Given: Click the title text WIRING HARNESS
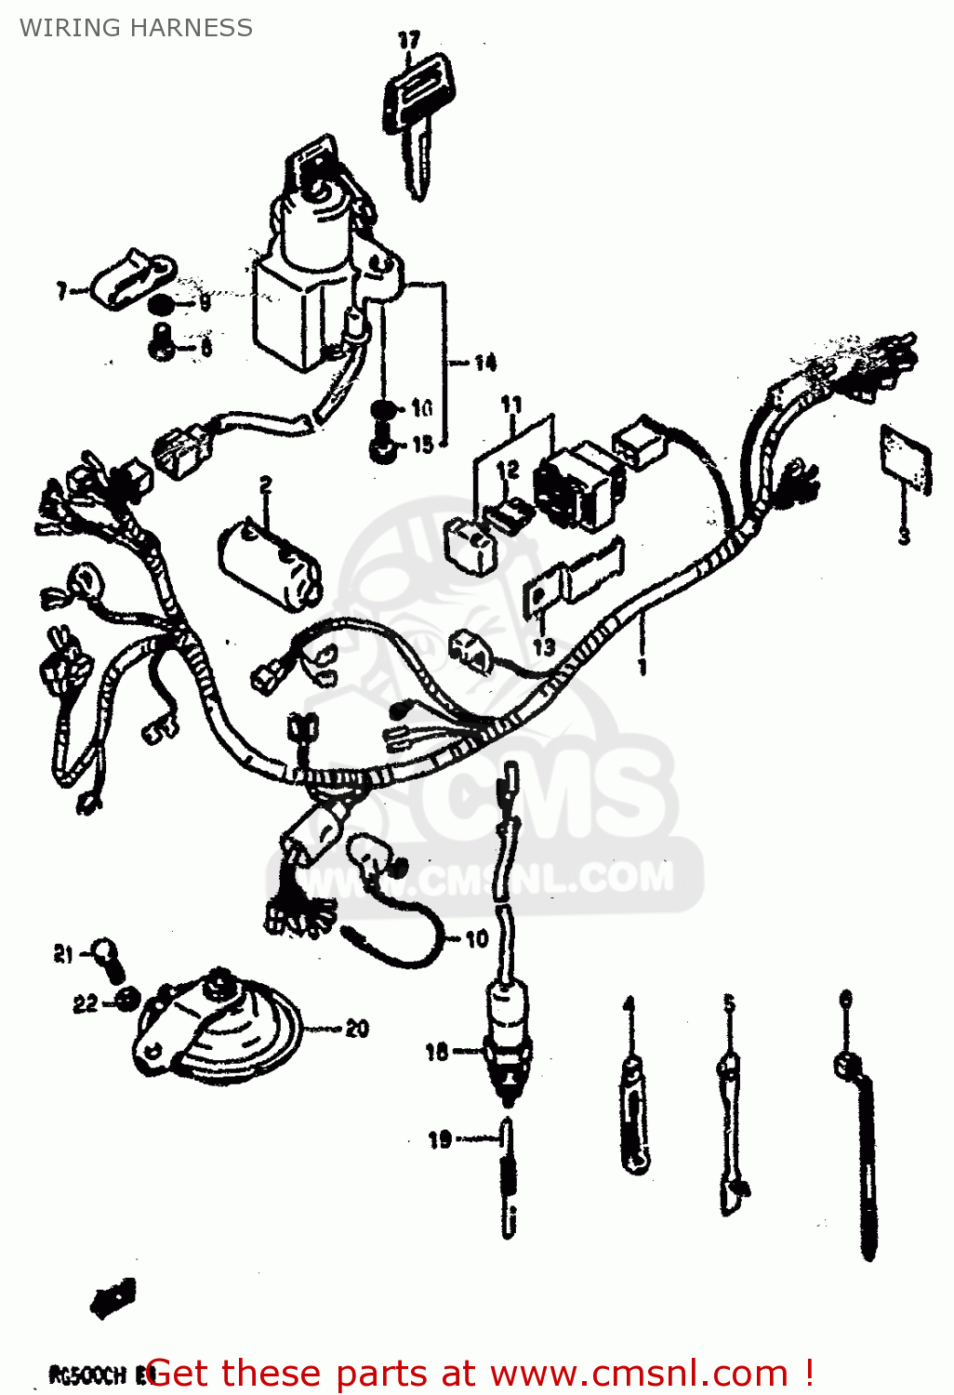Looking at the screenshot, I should click(x=136, y=28).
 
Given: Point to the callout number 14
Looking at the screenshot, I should click(x=484, y=363).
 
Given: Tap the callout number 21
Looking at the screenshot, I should click(x=63, y=954).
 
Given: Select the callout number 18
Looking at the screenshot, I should click(x=437, y=1052).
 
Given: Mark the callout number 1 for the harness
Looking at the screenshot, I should click(x=642, y=666).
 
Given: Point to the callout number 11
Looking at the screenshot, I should click(x=511, y=405).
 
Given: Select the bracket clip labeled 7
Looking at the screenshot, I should click(x=130, y=277).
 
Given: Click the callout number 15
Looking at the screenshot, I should click(x=422, y=445).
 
